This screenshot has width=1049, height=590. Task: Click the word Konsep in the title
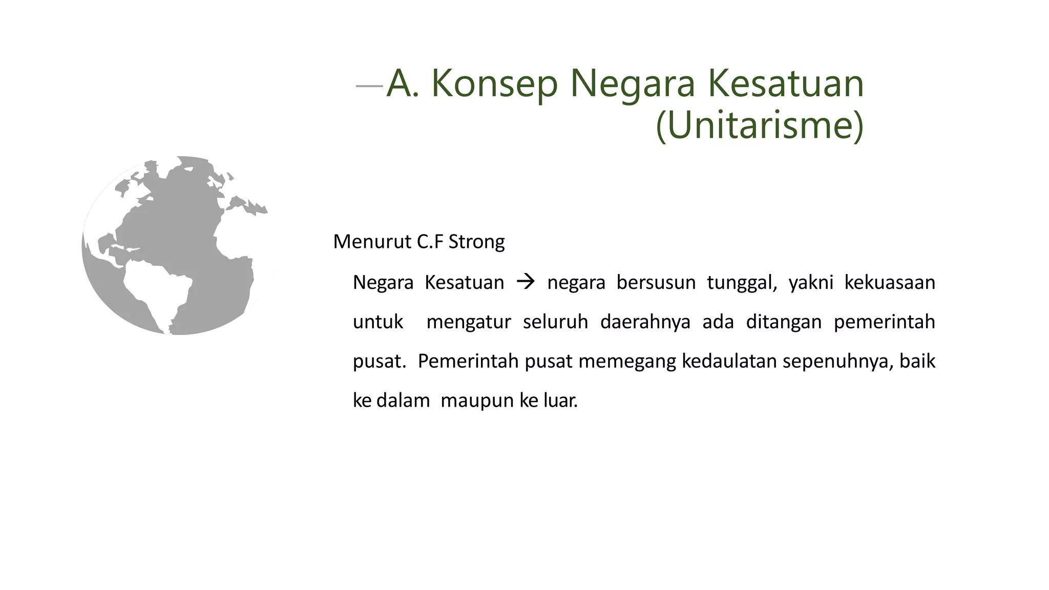tap(494, 83)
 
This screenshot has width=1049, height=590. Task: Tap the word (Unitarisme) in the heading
tap(760, 125)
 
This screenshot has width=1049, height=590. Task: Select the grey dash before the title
tap(369, 86)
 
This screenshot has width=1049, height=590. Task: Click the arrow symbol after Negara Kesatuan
tap(526, 282)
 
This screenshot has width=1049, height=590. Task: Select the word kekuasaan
tap(889, 283)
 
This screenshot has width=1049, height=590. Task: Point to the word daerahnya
tap(645, 322)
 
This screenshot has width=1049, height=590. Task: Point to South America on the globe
tap(159, 292)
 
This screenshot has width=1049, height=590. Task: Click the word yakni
tap(810, 283)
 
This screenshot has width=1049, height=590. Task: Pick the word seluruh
tap(555, 322)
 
